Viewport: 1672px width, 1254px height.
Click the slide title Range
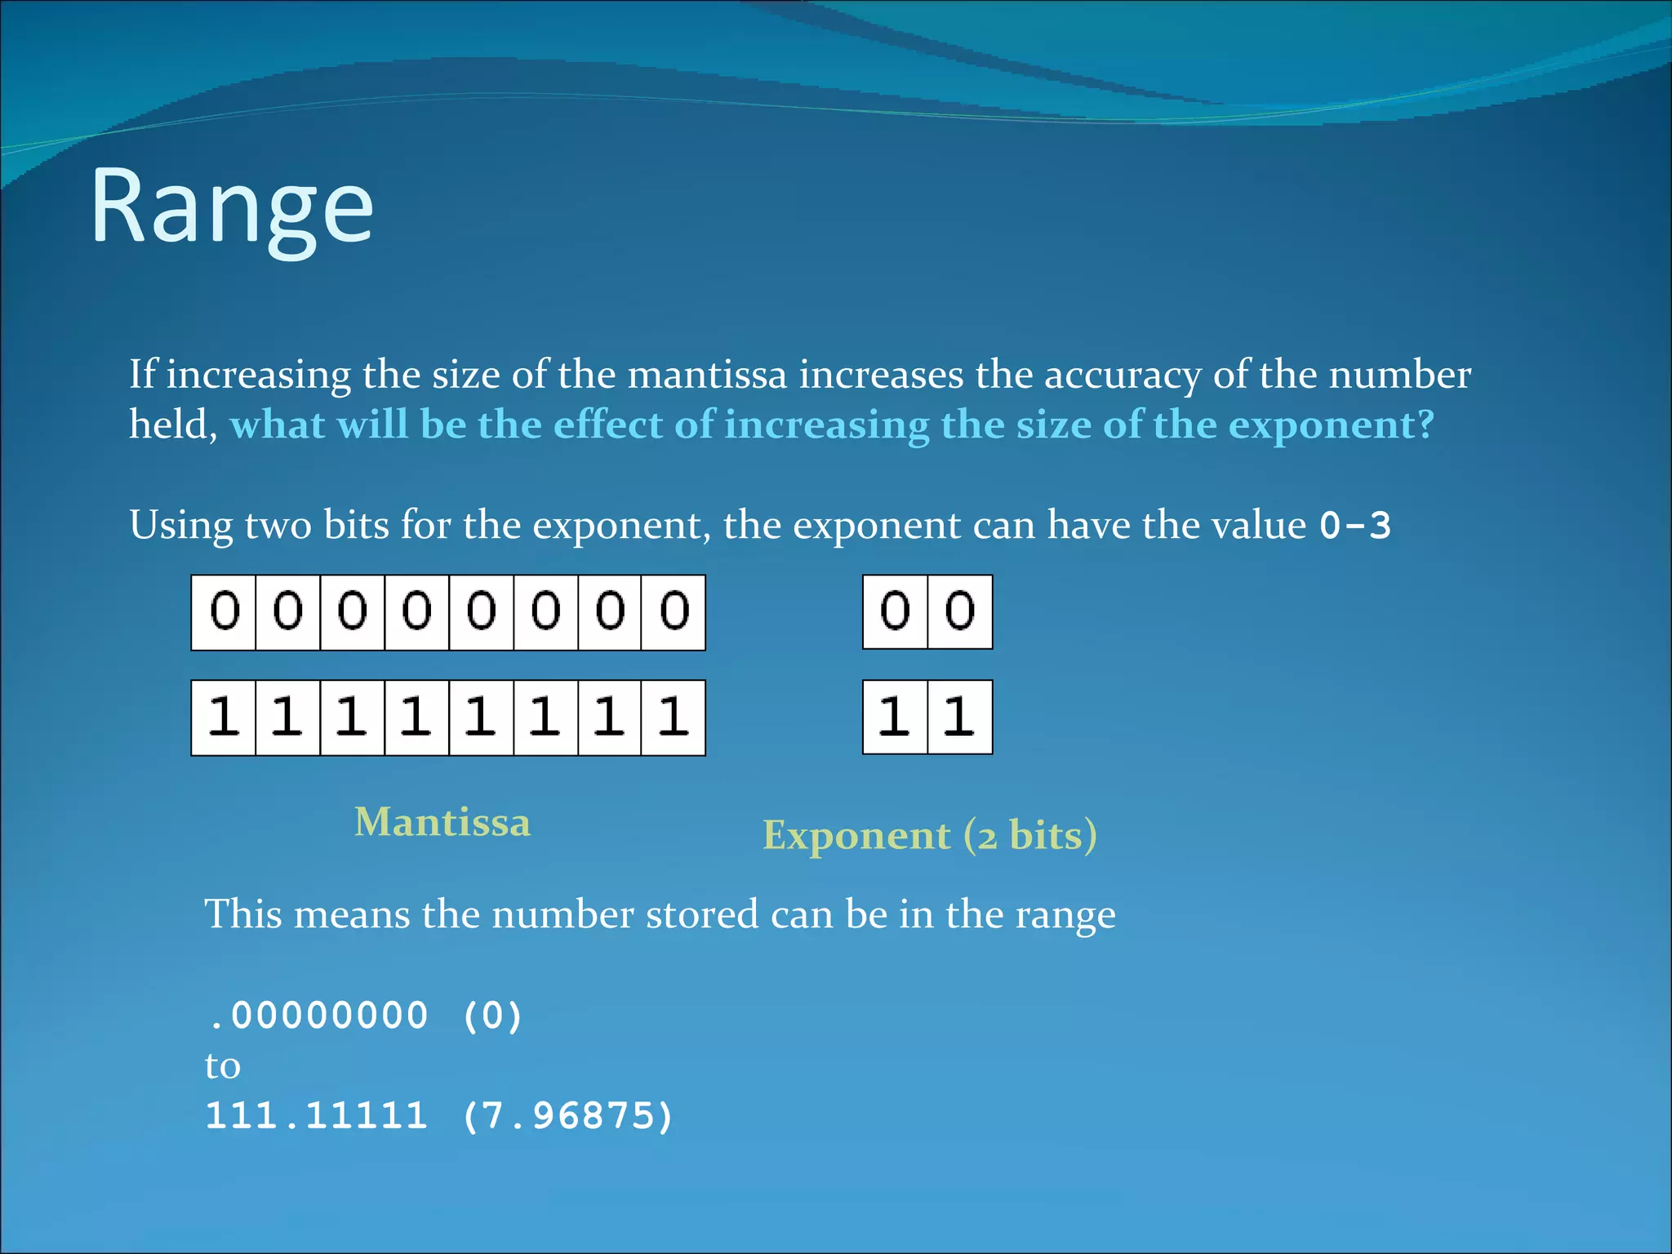coord(232,207)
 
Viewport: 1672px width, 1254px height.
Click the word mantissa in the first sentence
coord(707,375)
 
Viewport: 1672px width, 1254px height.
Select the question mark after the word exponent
coord(1424,425)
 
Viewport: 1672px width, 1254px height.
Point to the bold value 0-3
coord(1355,526)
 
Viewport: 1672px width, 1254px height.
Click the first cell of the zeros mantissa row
coord(224,612)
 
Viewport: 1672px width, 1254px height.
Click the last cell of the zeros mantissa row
coord(674,612)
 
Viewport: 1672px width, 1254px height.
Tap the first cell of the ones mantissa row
coord(224,718)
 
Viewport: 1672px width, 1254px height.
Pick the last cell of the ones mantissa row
coord(674,718)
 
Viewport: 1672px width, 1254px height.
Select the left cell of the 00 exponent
coord(896,612)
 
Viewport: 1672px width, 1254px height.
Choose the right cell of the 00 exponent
coord(960,612)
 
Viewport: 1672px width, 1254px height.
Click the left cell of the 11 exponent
coord(896,718)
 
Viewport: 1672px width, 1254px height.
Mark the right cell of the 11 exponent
coord(960,718)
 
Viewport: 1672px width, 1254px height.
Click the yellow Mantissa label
coord(442,822)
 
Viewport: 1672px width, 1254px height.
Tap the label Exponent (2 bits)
coord(930,836)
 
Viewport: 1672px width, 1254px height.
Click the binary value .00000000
coord(318,1016)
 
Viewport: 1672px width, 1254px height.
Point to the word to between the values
coord(223,1066)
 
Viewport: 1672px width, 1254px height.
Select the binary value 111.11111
coord(317,1116)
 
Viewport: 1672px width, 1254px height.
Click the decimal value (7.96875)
coord(568,1116)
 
